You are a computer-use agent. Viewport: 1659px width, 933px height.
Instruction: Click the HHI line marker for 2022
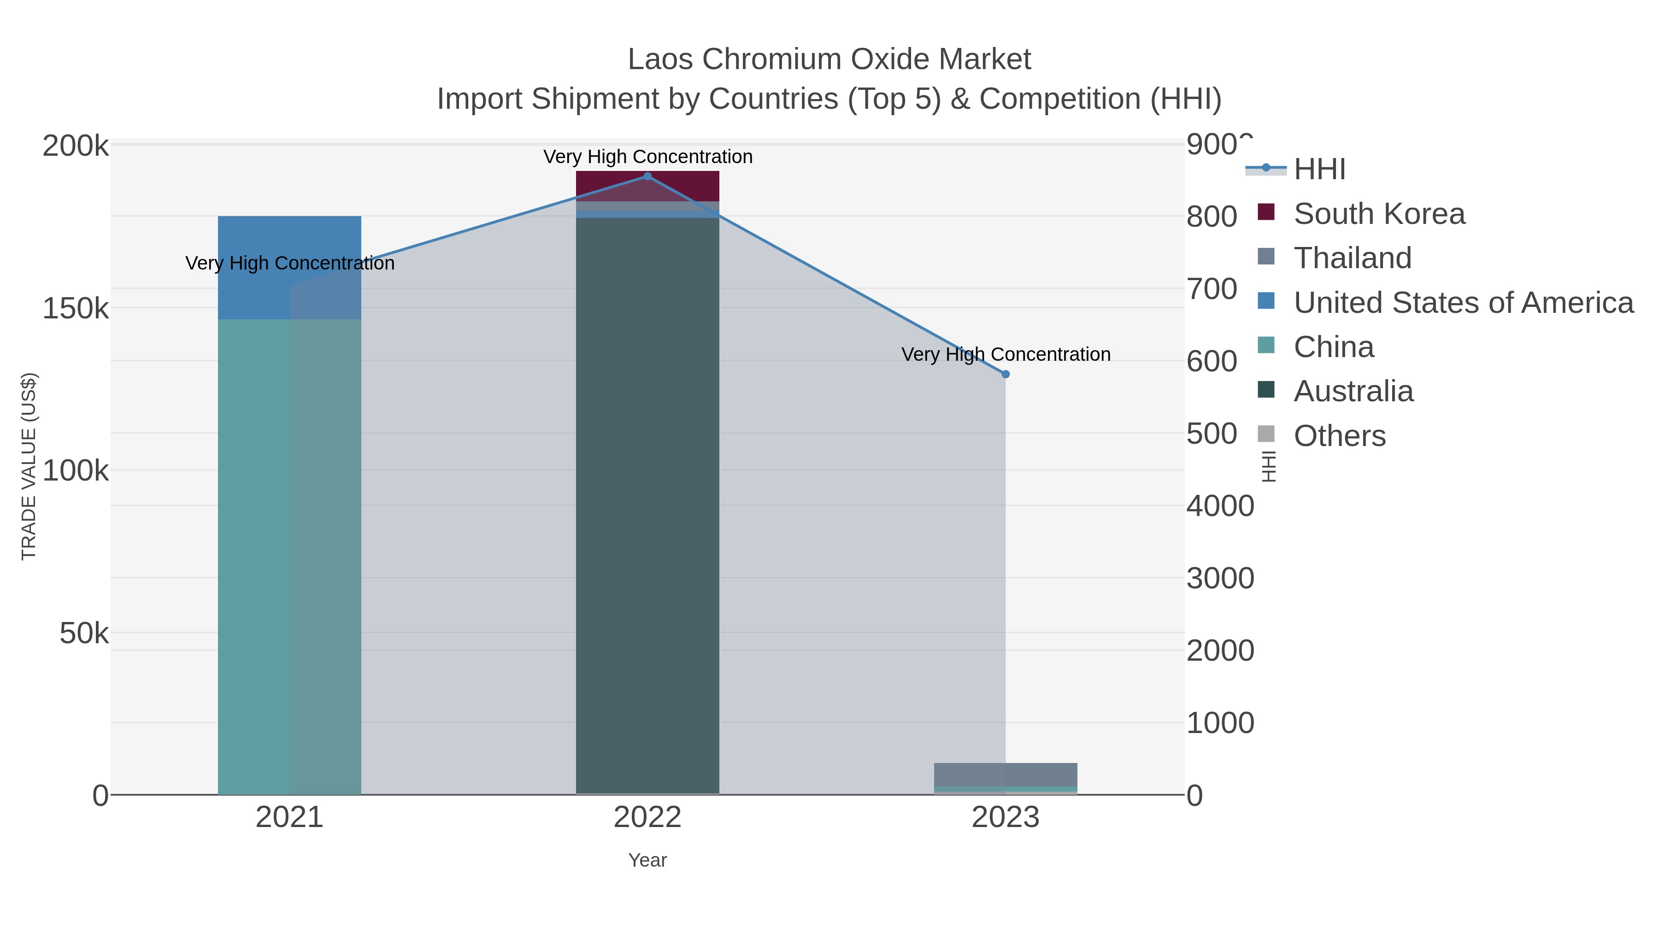point(647,176)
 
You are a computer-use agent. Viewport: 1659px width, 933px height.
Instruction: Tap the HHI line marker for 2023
point(1006,374)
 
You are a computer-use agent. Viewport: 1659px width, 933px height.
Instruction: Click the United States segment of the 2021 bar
point(289,267)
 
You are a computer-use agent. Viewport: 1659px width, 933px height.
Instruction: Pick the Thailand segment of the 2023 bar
point(1006,775)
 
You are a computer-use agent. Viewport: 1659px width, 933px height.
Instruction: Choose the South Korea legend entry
point(1379,214)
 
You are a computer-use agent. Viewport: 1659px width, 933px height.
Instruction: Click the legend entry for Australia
point(1353,392)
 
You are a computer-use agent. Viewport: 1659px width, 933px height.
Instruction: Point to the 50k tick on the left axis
point(84,634)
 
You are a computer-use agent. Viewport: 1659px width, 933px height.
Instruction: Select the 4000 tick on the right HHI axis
point(1220,506)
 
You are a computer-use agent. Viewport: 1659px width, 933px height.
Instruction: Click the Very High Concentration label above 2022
point(647,157)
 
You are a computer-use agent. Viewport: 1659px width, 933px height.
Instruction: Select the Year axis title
point(647,860)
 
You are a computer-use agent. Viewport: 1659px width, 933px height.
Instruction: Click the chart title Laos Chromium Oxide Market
point(829,59)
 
